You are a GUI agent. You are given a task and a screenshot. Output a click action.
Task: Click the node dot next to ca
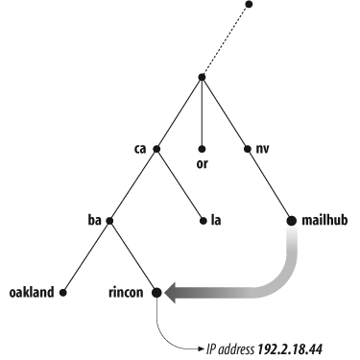coord(156,149)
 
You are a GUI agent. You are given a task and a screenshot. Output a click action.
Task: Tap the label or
coord(203,163)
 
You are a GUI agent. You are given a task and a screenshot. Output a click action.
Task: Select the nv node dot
coord(247,149)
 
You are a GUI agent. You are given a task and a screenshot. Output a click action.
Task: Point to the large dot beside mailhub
coord(292,221)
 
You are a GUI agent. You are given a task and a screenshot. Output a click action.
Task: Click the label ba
coord(94,221)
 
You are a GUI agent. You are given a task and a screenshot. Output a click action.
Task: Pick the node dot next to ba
coord(110,221)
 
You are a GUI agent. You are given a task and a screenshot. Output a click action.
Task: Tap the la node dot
coord(202,221)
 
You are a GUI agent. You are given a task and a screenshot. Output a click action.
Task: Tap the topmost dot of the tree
coord(252,4)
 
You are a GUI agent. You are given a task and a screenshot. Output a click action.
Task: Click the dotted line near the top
coord(227,40)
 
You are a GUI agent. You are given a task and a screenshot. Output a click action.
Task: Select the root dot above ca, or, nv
coord(202,77)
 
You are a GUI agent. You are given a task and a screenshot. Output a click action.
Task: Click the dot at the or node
coord(202,149)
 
